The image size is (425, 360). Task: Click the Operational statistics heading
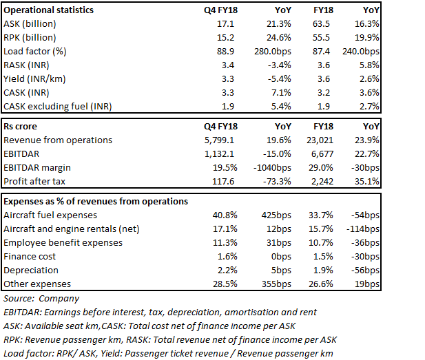[x=48, y=10]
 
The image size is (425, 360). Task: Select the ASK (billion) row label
[x=30, y=24]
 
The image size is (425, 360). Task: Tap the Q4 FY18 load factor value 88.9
[x=225, y=51]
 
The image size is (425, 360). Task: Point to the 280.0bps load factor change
[x=272, y=51]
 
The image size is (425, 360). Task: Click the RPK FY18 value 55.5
[x=321, y=37]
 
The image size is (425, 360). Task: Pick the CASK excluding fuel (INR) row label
[x=58, y=106]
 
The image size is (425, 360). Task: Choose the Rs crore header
[x=21, y=126]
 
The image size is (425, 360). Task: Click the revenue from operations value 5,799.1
[x=219, y=140]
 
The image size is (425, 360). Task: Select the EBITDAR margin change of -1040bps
[x=272, y=168]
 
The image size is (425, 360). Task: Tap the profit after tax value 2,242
[x=322, y=181]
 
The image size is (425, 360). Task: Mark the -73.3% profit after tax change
[x=277, y=181]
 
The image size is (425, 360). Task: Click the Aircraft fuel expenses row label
[x=50, y=215]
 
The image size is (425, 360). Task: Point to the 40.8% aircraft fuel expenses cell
[x=225, y=215]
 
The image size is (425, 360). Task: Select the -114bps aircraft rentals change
[x=362, y=229]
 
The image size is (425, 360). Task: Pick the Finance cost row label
[x=30, y=256]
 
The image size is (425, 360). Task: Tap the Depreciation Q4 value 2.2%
[x=227, y=270]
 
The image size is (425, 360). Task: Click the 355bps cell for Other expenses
[x=276, y=284]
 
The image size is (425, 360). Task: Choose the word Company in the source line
[x=59, y=298]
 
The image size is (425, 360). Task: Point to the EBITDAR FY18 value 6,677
[x=322, y=154]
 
